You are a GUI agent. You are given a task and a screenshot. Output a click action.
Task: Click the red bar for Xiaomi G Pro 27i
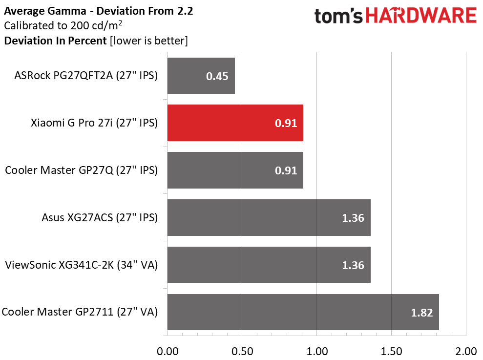click(235, 123)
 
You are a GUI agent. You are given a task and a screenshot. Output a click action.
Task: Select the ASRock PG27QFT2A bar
click(201, 76)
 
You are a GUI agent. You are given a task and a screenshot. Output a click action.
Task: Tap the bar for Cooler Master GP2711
click(303, 312)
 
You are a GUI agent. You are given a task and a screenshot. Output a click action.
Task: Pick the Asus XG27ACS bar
click(269, 217)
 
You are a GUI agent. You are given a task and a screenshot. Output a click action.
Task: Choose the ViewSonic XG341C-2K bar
click(269, 265)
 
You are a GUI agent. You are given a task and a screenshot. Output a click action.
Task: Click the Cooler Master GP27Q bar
click(235, 170)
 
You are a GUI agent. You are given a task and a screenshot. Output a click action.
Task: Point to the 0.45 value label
click(217, 76)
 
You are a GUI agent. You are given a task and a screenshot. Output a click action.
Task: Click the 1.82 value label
click(421, 313)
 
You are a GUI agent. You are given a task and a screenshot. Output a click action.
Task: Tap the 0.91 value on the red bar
click(286, 123)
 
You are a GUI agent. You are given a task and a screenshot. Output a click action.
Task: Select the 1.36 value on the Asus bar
click(353, 218)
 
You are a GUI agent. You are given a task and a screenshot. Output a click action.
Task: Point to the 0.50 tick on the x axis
click(242, 351)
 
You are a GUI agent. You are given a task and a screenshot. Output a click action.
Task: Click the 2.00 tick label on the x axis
click(466, 351)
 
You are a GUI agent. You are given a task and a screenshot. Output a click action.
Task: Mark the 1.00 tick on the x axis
click(317, 351)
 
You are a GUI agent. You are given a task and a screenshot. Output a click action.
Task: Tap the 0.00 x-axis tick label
click(168, 351)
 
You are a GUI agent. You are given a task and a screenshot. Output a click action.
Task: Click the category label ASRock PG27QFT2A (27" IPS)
click(86, 76)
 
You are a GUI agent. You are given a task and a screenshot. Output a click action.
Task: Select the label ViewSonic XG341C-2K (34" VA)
click(82, 265)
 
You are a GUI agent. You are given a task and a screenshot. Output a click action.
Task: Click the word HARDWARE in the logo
click(421, 16)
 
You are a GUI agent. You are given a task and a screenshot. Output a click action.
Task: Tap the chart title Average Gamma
click(45, 11)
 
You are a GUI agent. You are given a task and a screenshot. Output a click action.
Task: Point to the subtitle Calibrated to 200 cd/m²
click(63, 25)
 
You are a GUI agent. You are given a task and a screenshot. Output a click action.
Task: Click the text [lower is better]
click(149, 41)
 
